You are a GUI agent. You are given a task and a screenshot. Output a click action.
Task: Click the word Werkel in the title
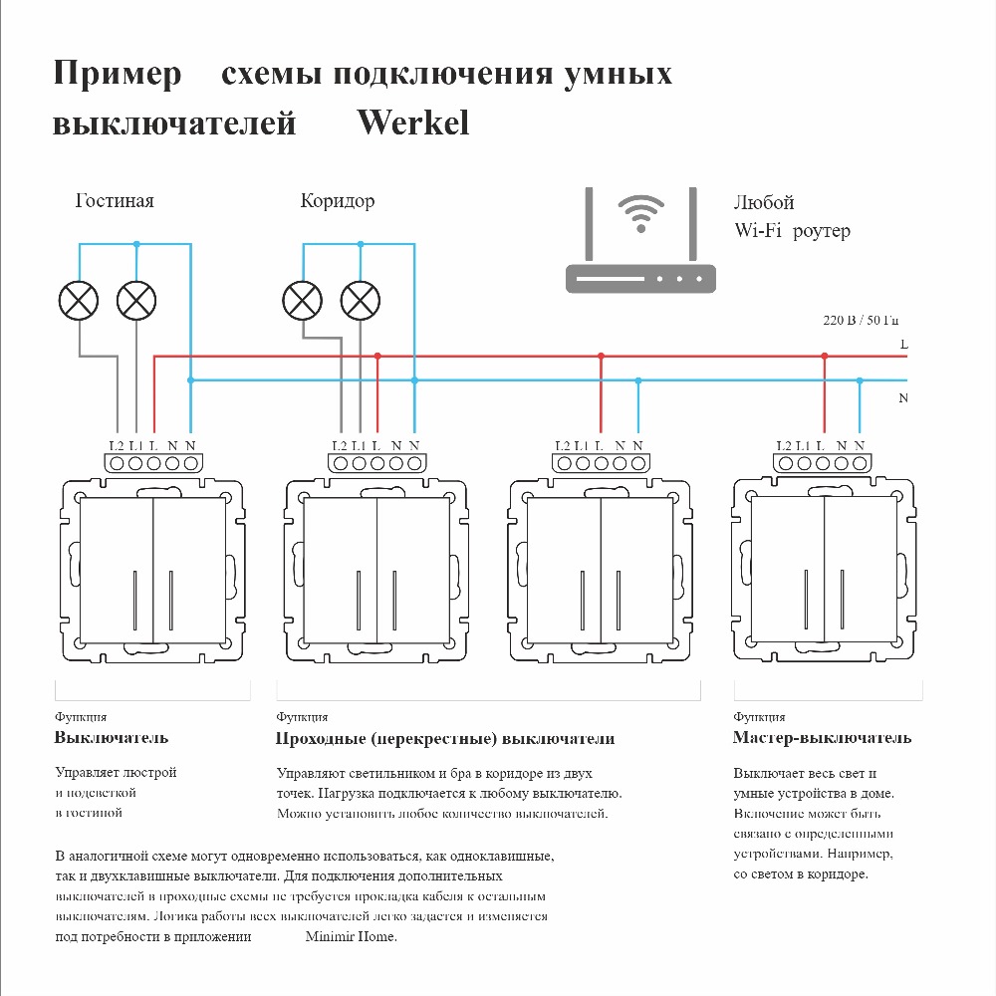pyautogui.click(x=412, y=123)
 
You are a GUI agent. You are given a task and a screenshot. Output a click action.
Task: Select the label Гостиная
pyautogui.click(x=115, y=201)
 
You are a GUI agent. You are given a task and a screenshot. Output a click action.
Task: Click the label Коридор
pyautogui.click(x=338, y=201)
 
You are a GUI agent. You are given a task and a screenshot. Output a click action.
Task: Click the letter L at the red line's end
pyautogui.click(x=903, y=344)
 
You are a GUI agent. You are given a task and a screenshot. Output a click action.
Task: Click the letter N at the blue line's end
pyautogui.click(x=903, y=398)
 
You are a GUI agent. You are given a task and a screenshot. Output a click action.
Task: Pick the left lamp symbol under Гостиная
pyautogui.click(x=80, y=300)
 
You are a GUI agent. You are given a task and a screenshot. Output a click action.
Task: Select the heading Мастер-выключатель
pyautogui.click(x=822, y=738)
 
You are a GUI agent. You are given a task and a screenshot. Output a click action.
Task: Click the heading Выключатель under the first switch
pyautogui.click(x=112, y=738)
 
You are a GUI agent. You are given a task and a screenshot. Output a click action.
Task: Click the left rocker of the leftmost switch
pyautogui.click(x=116, y=570)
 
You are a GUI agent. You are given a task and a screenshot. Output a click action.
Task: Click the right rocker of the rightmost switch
pyautogui.click(x=860, y=570)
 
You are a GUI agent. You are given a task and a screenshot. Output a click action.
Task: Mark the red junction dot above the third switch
pyautogui.click(x=601, y=356)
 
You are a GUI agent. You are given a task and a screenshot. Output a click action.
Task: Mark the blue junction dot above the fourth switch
pyautogui.click(x=860, y=380)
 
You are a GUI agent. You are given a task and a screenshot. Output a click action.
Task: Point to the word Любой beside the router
pyautogui.click(x=764, y=203)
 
